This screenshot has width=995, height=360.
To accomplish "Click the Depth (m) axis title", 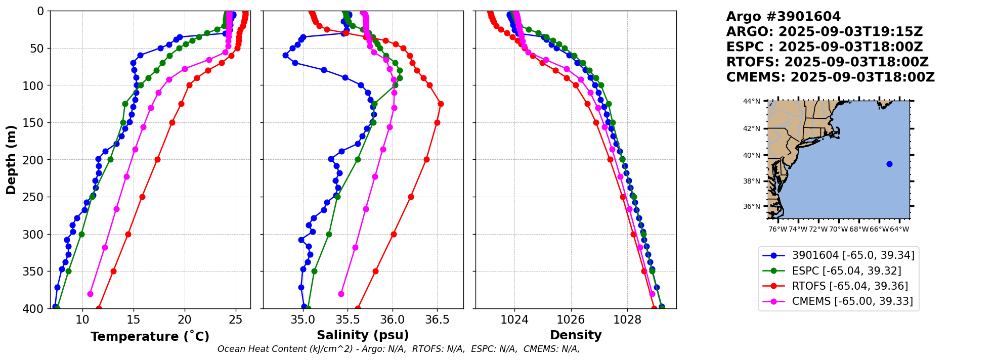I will (11, 160).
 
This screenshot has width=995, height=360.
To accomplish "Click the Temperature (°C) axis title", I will (150, 337).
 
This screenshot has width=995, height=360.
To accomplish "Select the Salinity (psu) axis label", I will (362, 335).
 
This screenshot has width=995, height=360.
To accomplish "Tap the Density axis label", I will (576, 335).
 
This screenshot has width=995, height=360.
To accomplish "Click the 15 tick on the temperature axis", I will (134, 320).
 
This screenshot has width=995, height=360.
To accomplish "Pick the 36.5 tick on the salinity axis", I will (437, 320).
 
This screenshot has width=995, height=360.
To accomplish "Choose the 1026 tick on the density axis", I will (571, 320).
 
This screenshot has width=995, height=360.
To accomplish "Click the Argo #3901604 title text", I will (783, 17).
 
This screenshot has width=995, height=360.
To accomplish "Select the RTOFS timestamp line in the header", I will (827, 62).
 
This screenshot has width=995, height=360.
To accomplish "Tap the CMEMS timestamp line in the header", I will (830, 77).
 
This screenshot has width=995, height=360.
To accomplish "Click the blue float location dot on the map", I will (889, 164).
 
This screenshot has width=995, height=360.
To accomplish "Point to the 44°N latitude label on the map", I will (751, 101).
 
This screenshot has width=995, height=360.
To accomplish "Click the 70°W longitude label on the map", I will (838, 229).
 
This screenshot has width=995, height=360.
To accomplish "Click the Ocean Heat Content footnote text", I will (399, 349).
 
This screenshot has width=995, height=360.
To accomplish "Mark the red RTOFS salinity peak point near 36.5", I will (441, 104).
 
